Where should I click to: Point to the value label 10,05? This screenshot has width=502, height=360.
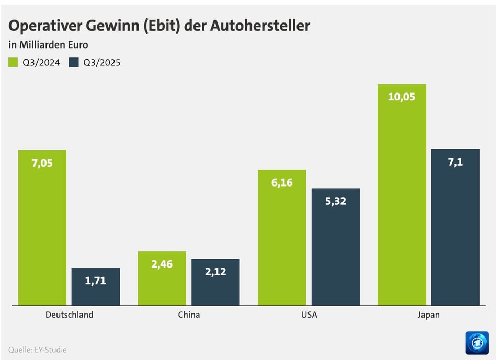tap(402, 97)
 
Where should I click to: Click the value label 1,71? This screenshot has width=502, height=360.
tap(96, 281)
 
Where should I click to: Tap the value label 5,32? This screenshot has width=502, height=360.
tap(336, 201)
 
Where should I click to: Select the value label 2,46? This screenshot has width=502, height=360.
tap(162, 264)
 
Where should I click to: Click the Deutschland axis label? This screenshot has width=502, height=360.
tap(69, 315)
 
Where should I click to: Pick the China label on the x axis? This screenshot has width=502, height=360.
tap(189, 315)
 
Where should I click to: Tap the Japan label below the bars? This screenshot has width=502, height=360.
tap(428, 315)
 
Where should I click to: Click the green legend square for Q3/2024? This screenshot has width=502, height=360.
tap(13, 63)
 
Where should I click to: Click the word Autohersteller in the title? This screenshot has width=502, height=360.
tap(260, 25)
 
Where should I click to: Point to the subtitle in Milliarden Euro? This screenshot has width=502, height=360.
tap(48, 45)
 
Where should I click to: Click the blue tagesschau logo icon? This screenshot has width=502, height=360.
tap(477, 343)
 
